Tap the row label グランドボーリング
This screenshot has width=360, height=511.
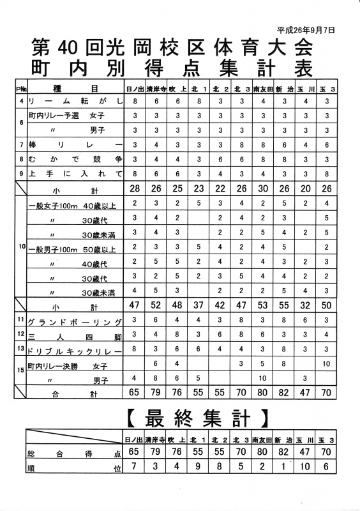pos(74,321)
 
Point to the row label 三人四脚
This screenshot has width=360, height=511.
pos(74,335)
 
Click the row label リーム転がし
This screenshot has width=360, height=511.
pos(74,102)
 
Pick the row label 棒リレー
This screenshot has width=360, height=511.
pos(74,145)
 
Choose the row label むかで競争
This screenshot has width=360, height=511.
pos(74,159)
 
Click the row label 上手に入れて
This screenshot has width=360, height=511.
pos(74,174)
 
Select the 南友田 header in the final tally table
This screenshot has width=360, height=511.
pos(263,440)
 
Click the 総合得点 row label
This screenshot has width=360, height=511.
pos(74,454)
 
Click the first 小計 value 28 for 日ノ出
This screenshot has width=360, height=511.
pos(135,189)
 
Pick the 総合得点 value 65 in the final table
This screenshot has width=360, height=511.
pos(135,454)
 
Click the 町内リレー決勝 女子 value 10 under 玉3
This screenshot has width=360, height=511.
pos(327,364)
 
